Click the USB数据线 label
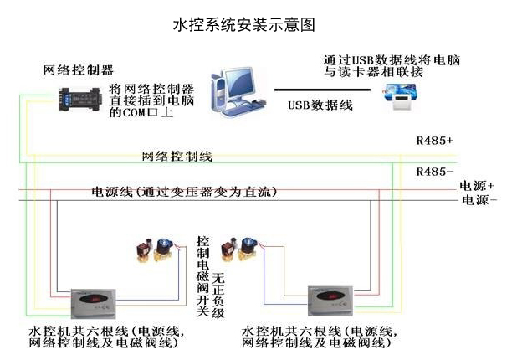coord(320,105)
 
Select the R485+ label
coord(434,140)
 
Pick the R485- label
coord(434,171)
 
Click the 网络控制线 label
coord(177,157)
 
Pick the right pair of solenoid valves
coord(239,249)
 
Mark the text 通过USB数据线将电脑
coord(392,61)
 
